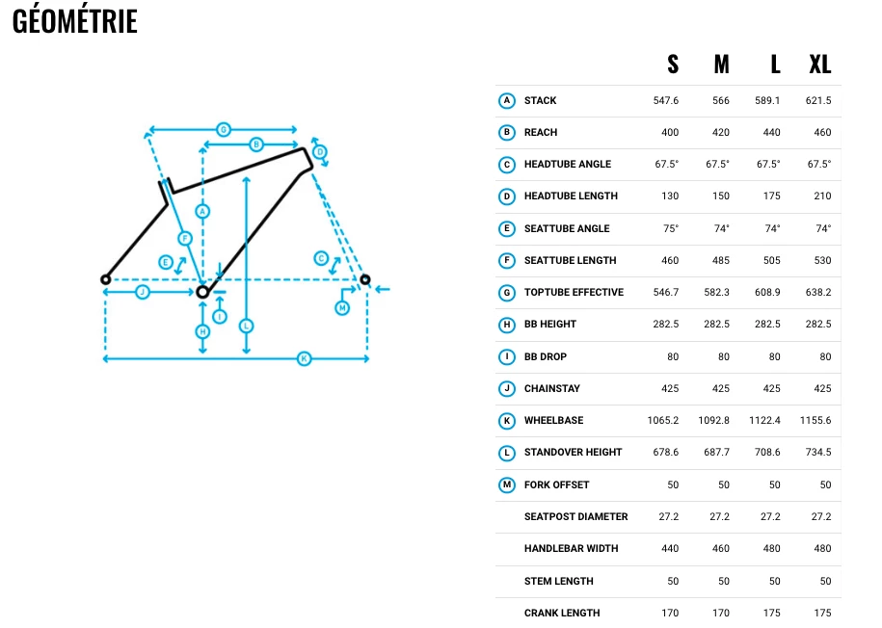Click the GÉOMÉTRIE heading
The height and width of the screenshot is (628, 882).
(75, 21)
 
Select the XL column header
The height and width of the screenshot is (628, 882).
(820, 65)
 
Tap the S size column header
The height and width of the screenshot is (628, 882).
(673, 65)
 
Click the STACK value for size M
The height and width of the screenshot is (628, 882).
(721, 100)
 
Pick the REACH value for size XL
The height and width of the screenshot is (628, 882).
(822, 132)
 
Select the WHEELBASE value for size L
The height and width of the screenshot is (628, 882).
(764, 420)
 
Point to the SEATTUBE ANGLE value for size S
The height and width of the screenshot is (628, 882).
(671, 228)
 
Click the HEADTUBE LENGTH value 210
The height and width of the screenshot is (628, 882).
(822, 196)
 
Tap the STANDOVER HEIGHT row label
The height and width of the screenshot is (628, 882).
(573, 452)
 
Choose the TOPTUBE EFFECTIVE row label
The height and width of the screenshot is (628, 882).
(574, 293)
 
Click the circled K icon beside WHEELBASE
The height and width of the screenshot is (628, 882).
(507, 421)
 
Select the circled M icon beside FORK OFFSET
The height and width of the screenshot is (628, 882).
(507, 484)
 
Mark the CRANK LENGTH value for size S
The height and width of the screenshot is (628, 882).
(670, 613)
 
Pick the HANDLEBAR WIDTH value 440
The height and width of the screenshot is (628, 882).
(670, 548)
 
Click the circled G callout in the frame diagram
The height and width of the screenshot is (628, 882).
(224, 129)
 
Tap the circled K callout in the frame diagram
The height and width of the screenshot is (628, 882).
(304, 358)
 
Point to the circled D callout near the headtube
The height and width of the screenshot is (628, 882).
(320, 152)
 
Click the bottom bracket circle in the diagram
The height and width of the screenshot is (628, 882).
(202, 292)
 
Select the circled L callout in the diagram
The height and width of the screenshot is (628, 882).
(247, 326)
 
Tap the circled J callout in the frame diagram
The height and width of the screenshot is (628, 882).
(143, 292)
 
